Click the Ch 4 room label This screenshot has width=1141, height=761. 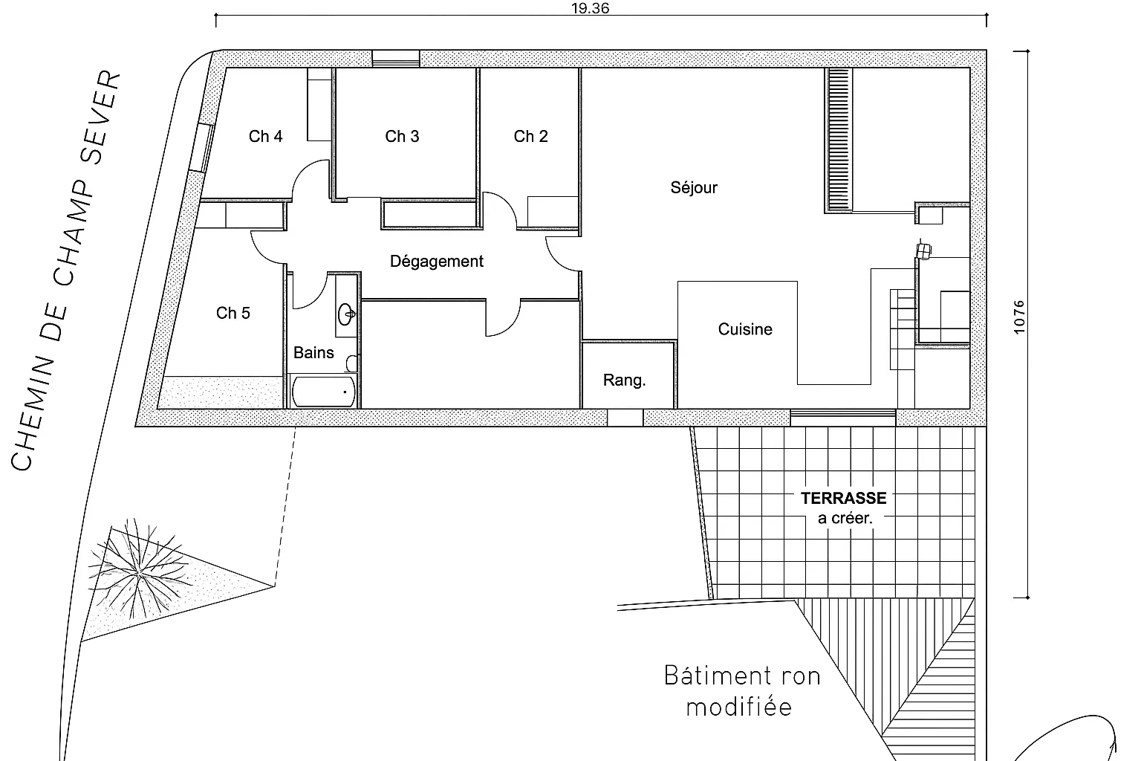click(265, 136)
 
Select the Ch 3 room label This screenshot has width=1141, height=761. click(402, 136)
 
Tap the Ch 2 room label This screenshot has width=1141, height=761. click(530, 136)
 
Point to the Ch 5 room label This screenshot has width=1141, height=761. click(233, 313)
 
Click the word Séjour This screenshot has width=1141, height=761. click(694, 187)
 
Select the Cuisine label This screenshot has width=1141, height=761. click(744, 329)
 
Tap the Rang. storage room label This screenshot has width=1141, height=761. click(624, 380)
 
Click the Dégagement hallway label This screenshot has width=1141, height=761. click(436, 262)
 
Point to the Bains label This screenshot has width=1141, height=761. click(313, 352)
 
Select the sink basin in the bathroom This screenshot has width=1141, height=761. click(346, 314)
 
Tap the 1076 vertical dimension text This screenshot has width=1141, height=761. click(1018, 317)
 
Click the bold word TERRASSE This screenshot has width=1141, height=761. click(843, 498)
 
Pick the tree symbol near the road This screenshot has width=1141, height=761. click(137, 574)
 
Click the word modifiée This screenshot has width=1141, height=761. click(738, 707)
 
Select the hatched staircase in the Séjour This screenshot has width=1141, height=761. click(839, 140)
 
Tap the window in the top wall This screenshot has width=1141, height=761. click(395, 59)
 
